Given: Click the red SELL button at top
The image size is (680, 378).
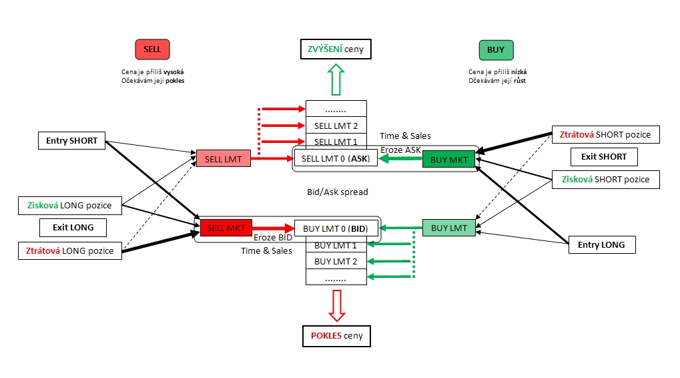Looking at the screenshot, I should pos(152,50).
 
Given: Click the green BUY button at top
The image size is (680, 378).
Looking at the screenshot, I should pos(496,50).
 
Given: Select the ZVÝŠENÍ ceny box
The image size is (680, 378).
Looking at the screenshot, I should pos(334,49).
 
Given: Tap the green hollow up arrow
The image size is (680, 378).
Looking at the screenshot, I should pos(336,79).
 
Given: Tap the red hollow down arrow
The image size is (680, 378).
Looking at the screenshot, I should pos(336,305).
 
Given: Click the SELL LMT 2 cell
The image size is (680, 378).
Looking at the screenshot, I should pos(336,126).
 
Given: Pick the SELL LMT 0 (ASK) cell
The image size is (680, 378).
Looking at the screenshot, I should pos(336,159).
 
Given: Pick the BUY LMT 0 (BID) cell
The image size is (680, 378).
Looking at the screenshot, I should pos(336,228).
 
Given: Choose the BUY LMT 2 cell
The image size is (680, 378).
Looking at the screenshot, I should pos(336,262).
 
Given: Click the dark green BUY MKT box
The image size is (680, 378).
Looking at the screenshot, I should pos(448,159).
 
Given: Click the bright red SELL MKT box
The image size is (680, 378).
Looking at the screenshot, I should pos(226,228).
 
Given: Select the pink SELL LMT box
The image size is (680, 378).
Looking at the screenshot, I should pos(223,158).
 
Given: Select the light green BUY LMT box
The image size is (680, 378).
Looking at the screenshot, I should pos(448,228).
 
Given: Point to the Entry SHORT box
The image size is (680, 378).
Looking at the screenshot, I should pos(71,141).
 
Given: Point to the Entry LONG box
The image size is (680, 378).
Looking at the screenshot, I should pos(601,245).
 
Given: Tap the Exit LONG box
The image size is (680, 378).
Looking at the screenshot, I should pos(73,228).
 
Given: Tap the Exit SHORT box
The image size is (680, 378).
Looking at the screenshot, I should pos(604,157).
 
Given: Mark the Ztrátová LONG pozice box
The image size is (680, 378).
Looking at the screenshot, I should pos(70,250).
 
